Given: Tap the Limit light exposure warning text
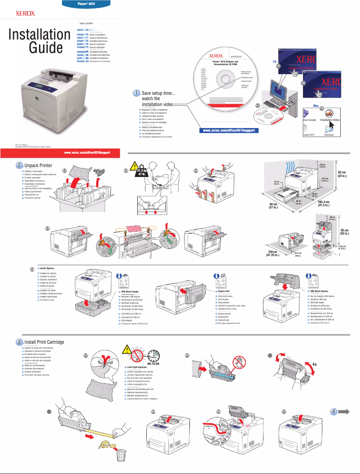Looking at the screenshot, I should [140, 368].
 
